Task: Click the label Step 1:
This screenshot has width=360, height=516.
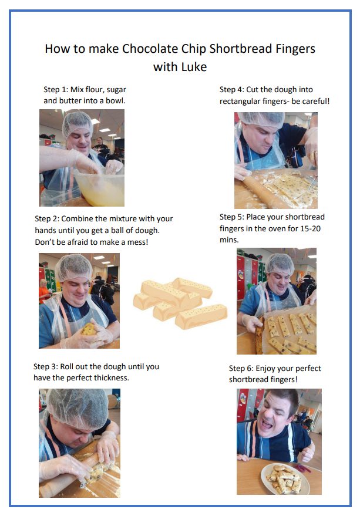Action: (x=56, y=90)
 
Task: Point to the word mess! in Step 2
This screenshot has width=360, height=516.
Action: (x=136, y=241)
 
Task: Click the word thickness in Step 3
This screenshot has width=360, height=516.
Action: (x=107, y=377)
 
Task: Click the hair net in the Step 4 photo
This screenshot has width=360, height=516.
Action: (x=261, y=118)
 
